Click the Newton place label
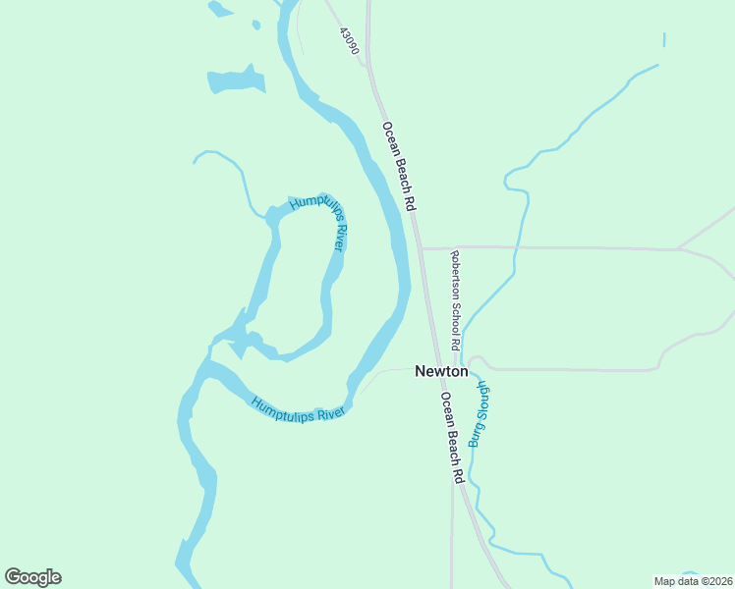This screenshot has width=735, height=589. pyautogui.click(x=441, y=371)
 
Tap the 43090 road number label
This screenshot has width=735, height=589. pyautogui.click(x=349, y=40)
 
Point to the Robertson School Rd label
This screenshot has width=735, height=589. pyautogui.click(x=455, y=301)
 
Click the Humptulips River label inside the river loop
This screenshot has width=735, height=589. pyautogui.click(x=320, y=223)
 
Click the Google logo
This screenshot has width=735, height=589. pyautogui.click(x=32, y=577)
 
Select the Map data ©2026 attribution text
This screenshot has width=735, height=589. pyautogui.click(x=693, y=581)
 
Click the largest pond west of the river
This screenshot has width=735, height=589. pyautogui.click(x=236, y=80)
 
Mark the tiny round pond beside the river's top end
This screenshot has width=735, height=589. pyautogui.click(x=256, y=25)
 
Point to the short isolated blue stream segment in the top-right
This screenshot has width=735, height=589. pyautogui.click(x=664, y=40)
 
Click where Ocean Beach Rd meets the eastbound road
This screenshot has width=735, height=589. pyautogui.click(x=421, y=247)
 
